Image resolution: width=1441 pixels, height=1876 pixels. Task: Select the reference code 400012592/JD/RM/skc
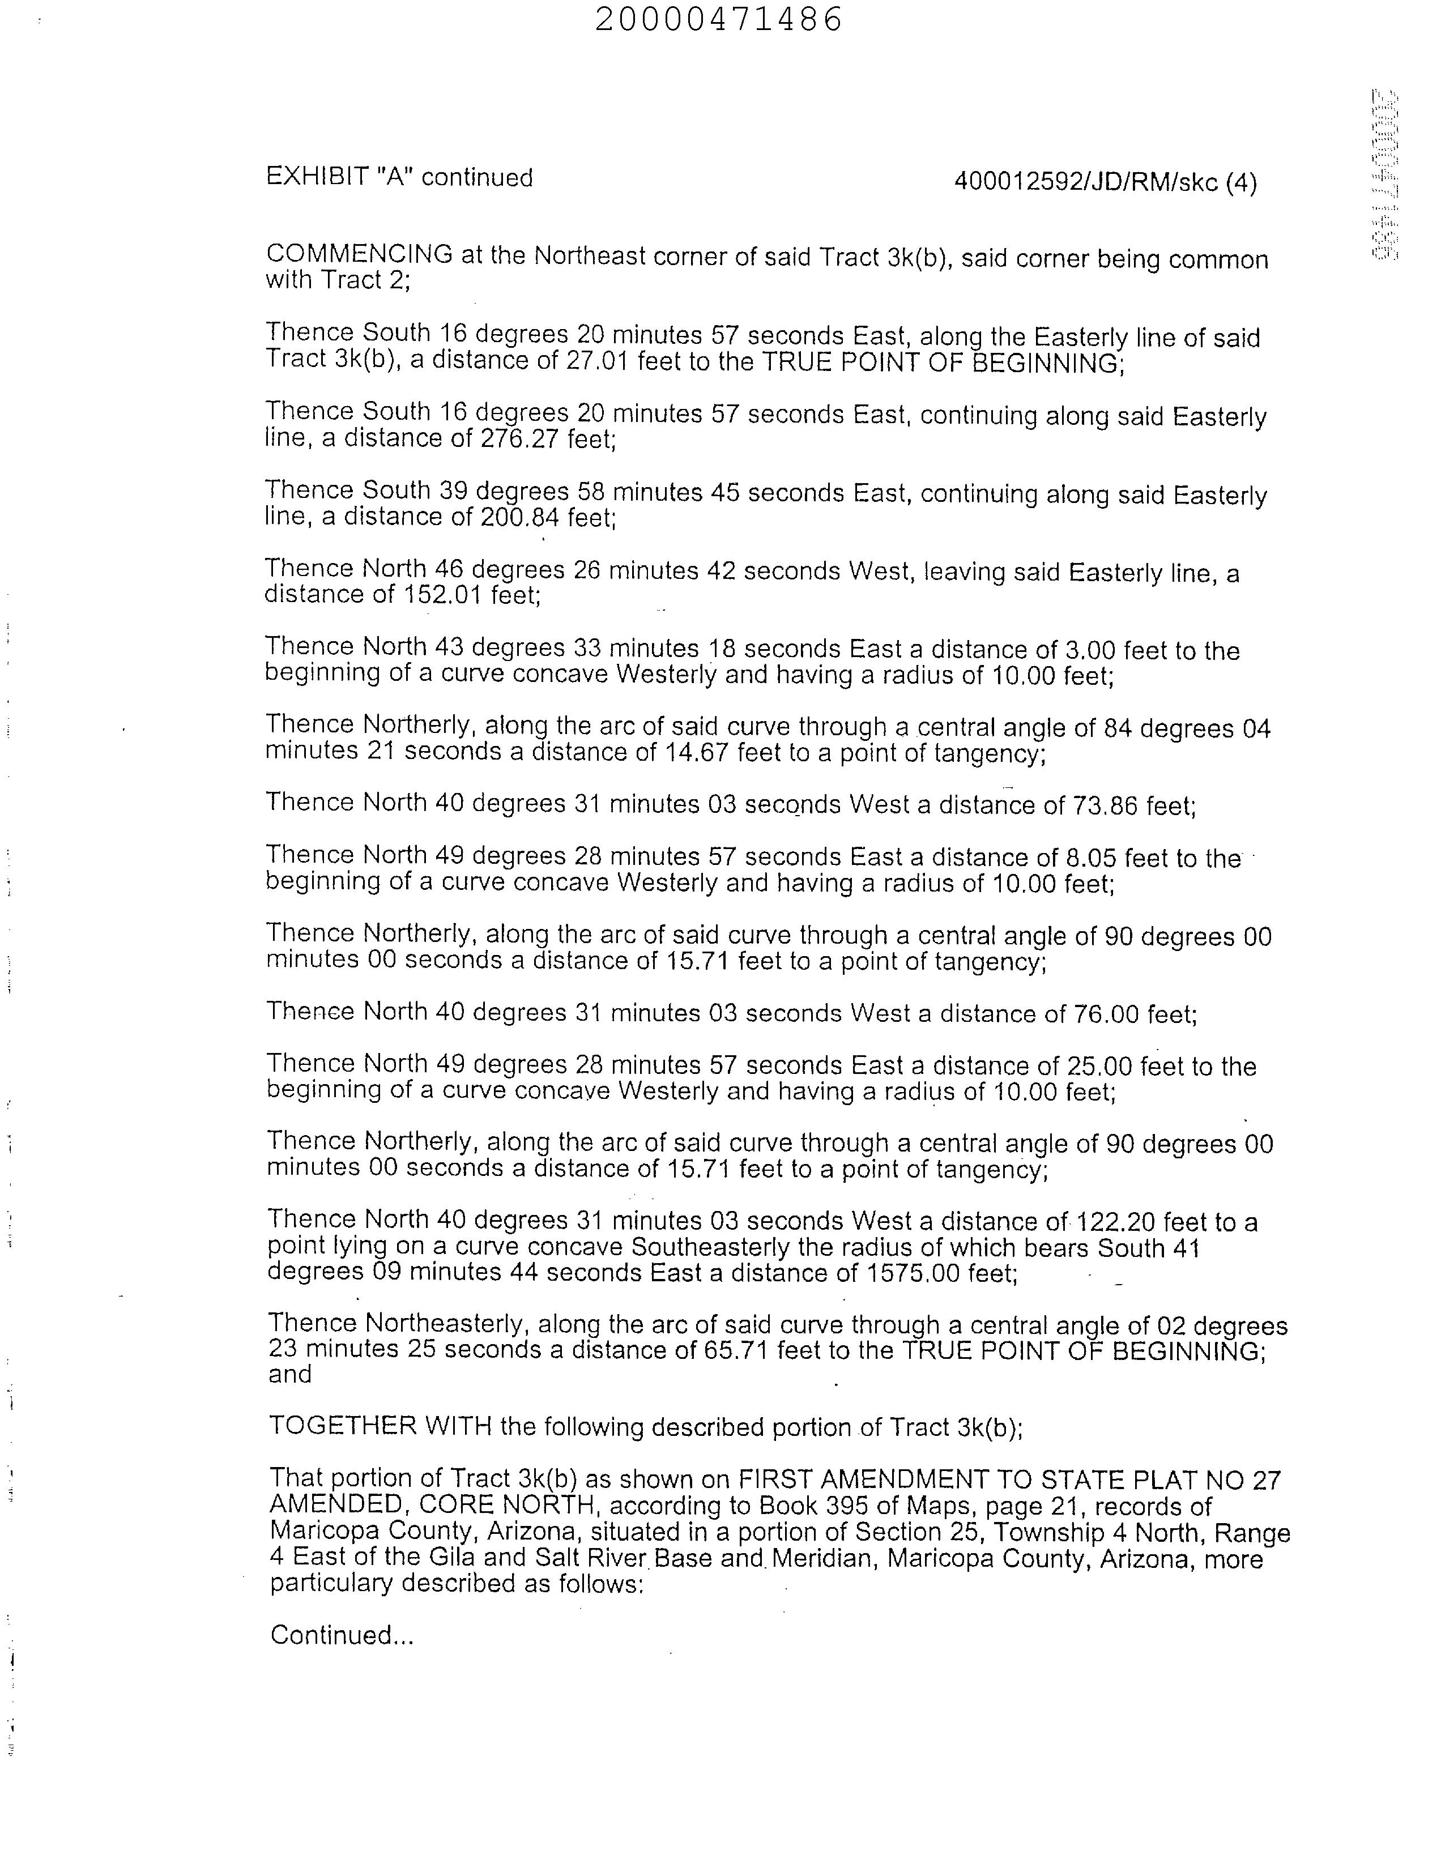coord(1086,183)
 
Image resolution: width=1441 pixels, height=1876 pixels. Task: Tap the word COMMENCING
coord(359,255)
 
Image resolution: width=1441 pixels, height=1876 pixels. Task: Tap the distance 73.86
coord(1104,807)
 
